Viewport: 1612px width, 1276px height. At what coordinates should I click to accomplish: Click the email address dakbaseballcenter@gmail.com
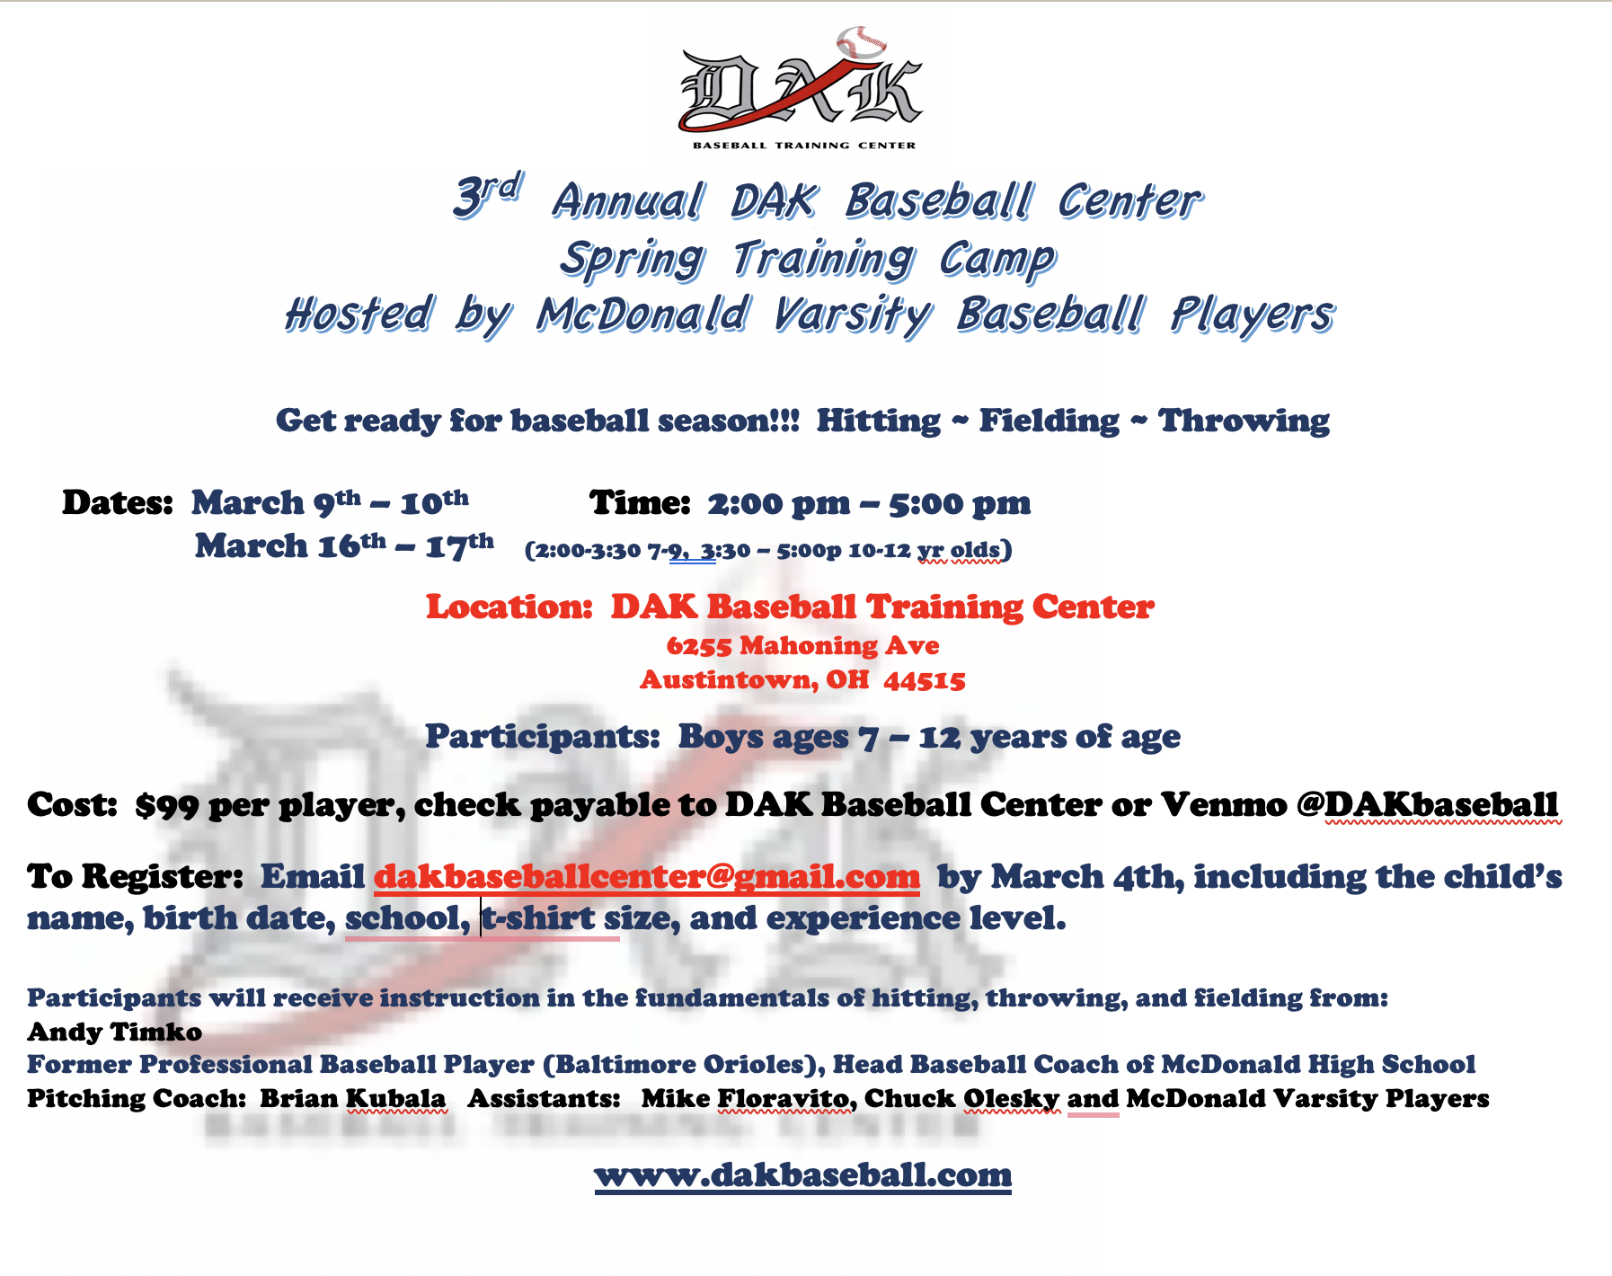(647, 876)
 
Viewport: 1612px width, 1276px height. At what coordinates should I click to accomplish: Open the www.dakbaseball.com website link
(803, 1174)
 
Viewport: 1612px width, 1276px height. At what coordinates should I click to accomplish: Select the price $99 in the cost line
(166, 805)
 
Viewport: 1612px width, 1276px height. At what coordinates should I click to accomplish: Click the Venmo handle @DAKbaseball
(1428, 804)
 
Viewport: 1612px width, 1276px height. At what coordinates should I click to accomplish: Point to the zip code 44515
(925, 680)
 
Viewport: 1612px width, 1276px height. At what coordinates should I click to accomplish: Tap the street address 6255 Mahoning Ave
(802, 645)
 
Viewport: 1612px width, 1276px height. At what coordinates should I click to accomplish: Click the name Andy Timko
(114, 1032)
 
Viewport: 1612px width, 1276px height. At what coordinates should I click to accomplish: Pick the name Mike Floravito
(745, 1098)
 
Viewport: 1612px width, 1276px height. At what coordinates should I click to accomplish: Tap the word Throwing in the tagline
(1244, 421)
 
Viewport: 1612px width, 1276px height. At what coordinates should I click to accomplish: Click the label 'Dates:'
(117, 503)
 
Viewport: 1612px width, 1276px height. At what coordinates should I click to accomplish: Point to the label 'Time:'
(640, 503)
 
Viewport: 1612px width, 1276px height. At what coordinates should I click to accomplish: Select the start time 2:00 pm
(778, 504)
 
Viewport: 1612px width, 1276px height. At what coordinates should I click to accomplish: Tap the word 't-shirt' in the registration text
(538, 918)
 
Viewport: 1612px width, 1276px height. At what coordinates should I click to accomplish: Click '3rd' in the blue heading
(486, 195)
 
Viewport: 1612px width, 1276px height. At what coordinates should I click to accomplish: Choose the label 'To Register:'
(135, 876)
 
